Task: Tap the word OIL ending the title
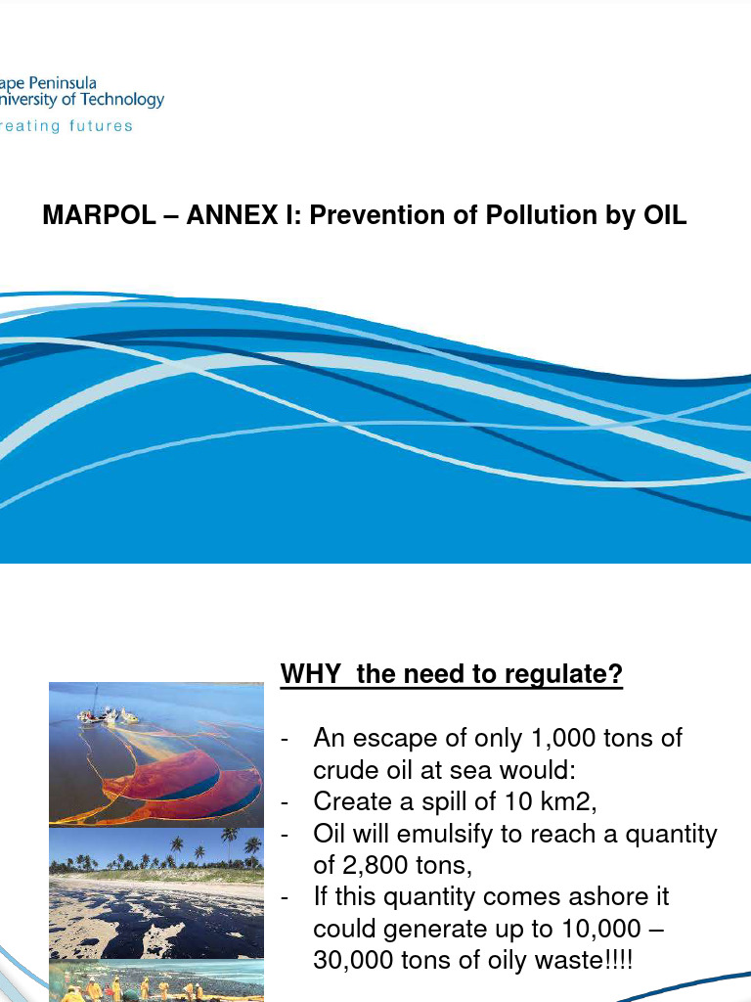coord(664,215)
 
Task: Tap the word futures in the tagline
coord(101,126)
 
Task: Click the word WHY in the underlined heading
coord(312,674)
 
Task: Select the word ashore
coord(632,897)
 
